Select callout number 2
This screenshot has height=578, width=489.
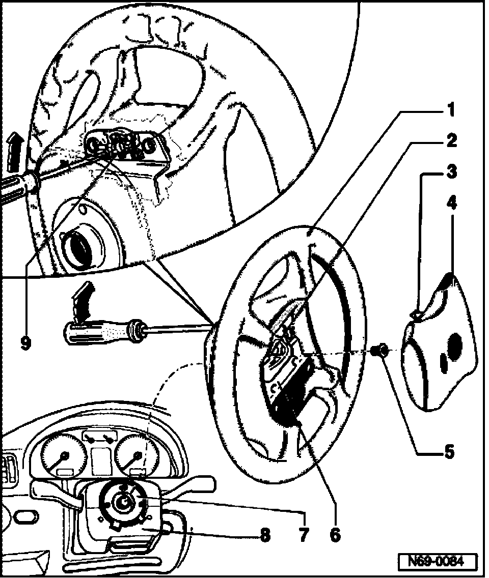coord(450,140)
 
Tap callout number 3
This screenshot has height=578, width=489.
coord(450,172)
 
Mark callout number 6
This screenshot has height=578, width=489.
coord(335,534)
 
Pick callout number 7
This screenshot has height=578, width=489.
coord(304,534)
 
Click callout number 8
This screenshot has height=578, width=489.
coord(264,534)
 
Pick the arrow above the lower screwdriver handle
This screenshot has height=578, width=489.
coord(82,300)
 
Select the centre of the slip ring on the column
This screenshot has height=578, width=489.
coord(123,503)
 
